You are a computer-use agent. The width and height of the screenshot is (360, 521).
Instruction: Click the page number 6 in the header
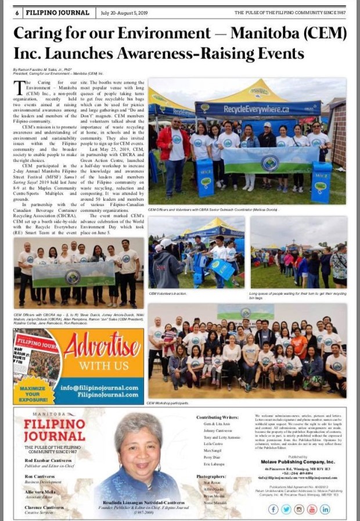tap(19, 12)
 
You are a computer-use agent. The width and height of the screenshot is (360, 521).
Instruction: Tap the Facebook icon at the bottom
tap(273, 509)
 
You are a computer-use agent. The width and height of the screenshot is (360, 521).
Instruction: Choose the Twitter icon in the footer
tap(286, 509)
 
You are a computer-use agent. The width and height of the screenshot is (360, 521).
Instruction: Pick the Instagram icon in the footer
tap(299, 509)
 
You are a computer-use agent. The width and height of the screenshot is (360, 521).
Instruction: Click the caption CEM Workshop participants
tap(168, 402)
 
